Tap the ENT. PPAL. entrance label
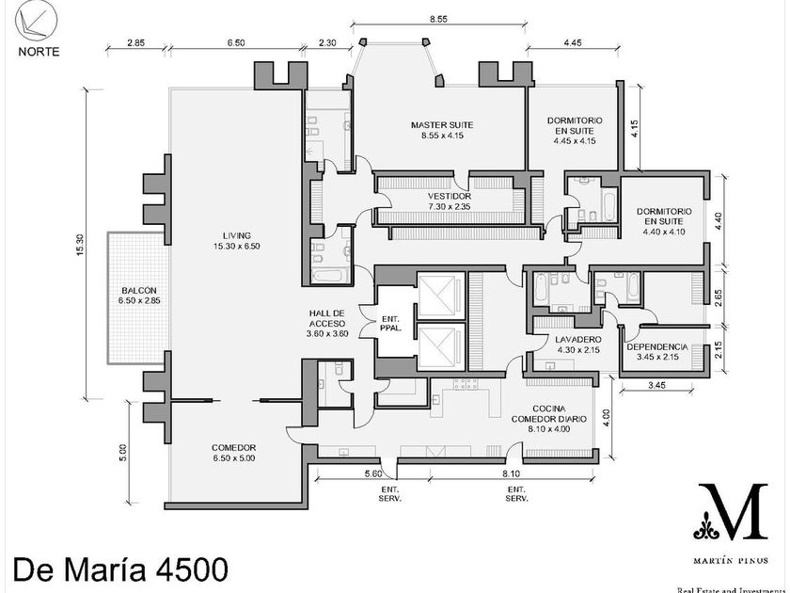coord(390,323)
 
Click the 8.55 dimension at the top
coord(439,19)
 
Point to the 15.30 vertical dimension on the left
coord(81,245)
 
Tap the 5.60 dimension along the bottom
coord(373,473)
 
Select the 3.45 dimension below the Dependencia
coord(657,385)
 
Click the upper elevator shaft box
coord(441,294)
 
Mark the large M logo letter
coord(733,511)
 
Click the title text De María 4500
coord(120,569)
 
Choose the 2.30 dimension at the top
coord(327,43)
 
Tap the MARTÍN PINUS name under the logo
coord(731,560)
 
